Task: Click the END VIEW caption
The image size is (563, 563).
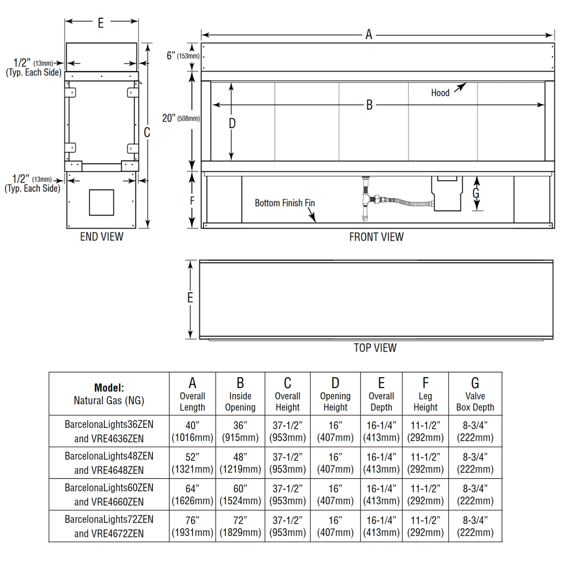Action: [x=102, y=236]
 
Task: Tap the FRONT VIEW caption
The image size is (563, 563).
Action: [x=376, y=237]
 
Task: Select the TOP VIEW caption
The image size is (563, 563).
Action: [x=375, y=348]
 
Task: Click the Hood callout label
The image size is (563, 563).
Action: [x=440, y=93]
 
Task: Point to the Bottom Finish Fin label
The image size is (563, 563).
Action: [x=285, y=203]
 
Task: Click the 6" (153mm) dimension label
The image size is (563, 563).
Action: [x=183, y=56]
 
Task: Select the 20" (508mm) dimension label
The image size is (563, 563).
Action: [x=181, y=118]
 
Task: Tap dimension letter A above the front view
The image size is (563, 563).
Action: [x=369, y=35]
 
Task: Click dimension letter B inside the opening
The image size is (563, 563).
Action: [x=369, y=105]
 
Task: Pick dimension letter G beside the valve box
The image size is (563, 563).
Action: [x=476, y=193]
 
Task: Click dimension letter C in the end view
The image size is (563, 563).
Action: [x=147, y=132]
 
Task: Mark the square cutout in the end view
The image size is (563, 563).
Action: [x=101, y=203]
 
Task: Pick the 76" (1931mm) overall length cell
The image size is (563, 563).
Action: [x=192, y=526]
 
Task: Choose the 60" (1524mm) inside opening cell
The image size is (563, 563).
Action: [x=240, y=494]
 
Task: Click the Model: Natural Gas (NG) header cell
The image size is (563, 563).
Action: [x=109, y=394]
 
